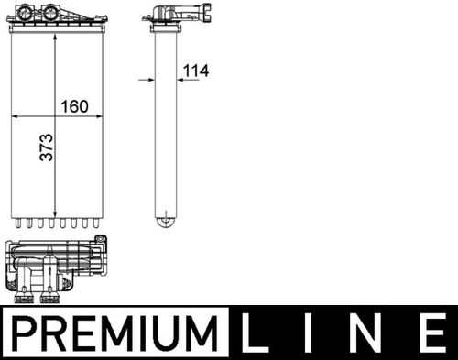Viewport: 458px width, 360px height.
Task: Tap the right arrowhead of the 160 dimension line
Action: [x=99, y=116]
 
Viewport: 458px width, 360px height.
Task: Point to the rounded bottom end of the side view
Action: [x=165, y=220]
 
